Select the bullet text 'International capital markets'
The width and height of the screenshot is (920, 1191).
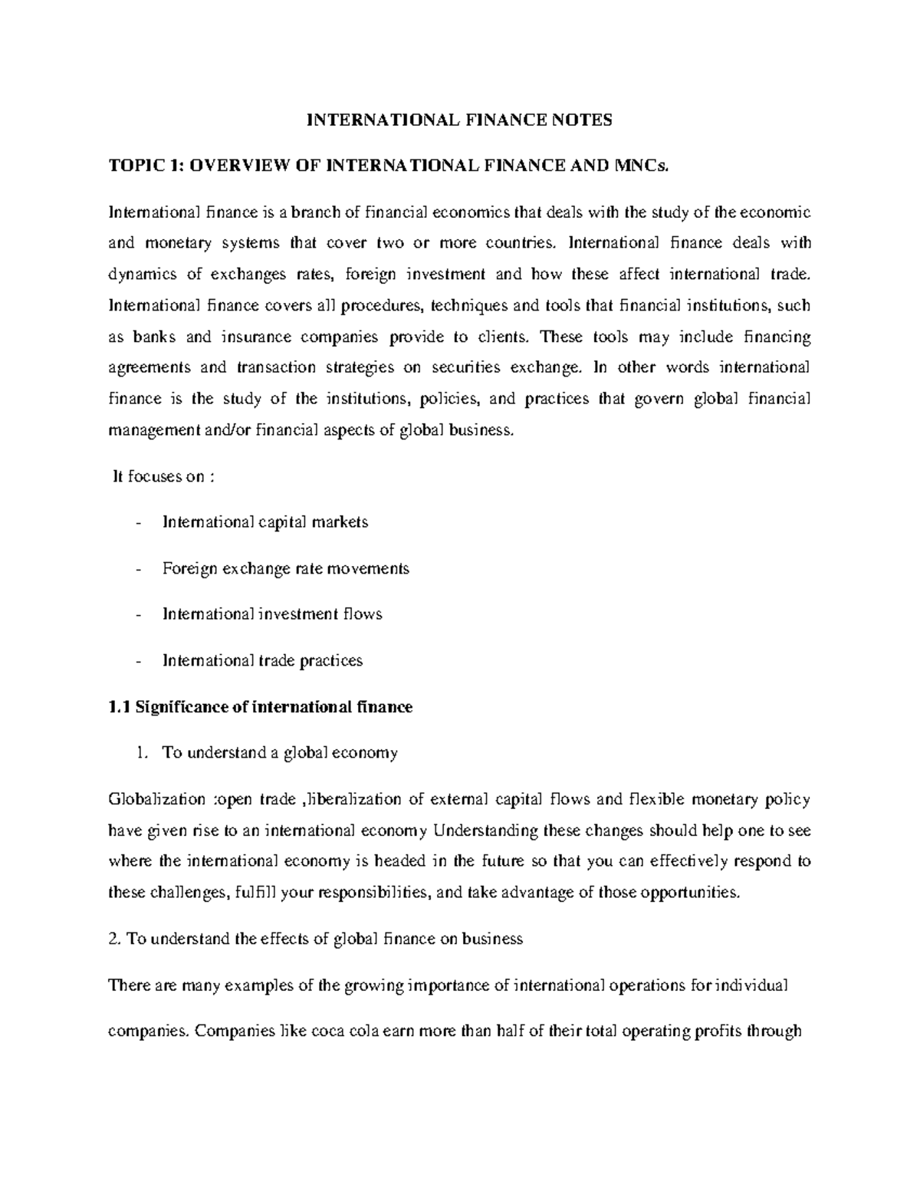(x=265, y=522)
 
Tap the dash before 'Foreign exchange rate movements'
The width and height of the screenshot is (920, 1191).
(x=137, y=569)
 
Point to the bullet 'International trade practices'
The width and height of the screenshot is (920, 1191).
(x=262, y=660)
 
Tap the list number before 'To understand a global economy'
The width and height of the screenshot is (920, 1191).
(x=140, y=753)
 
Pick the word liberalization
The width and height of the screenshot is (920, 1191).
(x=353, y=800)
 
